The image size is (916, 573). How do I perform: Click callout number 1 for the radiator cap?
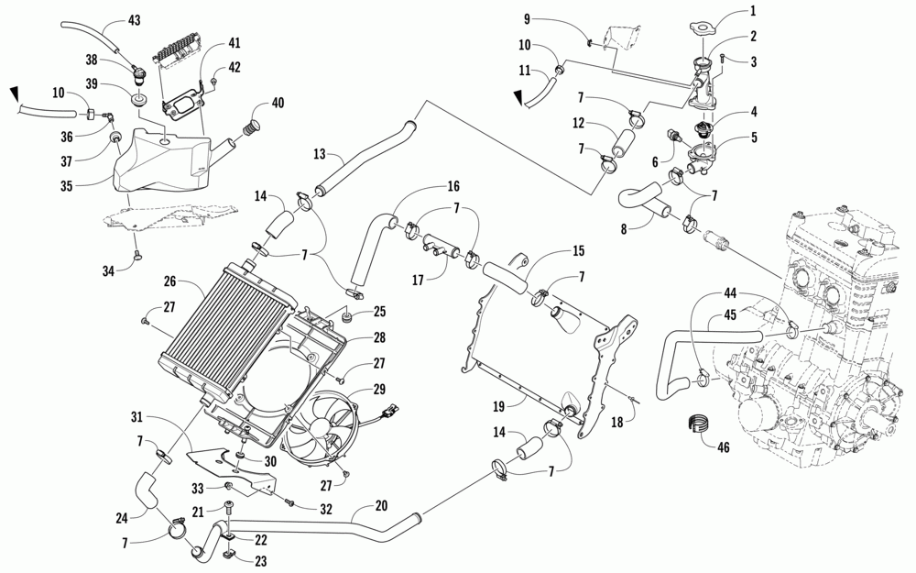pos(753,10)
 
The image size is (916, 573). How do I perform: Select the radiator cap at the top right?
pos(703,27)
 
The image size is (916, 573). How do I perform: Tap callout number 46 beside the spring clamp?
pos(724,447)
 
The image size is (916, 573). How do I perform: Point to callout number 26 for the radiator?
pos(169,281)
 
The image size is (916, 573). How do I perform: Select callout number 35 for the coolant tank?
pos(67,186)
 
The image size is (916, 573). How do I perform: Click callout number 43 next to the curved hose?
pos(134,20)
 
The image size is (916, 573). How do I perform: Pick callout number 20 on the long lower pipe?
pos(381,506)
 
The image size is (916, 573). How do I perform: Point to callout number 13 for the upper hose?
pos(319,154)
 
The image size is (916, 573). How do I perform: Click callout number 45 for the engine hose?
pos(730,314)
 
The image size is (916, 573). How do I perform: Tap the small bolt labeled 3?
pos(723,57)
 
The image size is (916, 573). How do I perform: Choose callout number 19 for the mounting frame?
pos(497,404)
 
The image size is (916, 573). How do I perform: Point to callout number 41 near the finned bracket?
pos(234,43)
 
